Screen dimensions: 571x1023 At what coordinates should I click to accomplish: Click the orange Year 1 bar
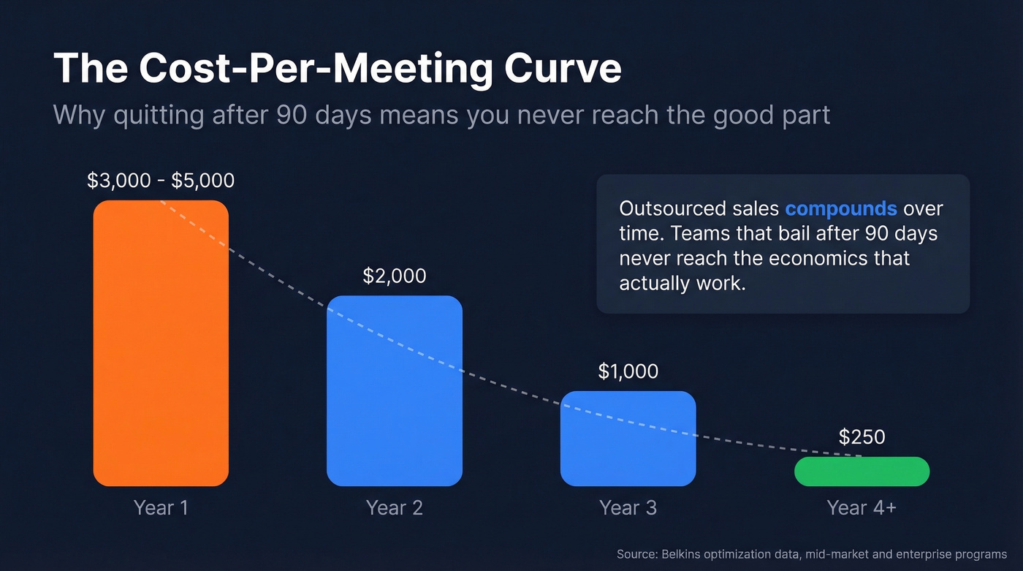[x=161, y=344]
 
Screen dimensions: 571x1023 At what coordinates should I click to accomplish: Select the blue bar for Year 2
[x=395, y=391]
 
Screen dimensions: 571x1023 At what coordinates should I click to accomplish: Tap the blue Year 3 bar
[x=628, y=439]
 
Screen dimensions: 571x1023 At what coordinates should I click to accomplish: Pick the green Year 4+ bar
[x=862, y=472]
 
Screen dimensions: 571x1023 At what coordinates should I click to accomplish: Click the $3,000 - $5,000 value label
[x=161, y=181]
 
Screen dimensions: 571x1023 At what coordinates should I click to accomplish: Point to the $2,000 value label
[x=395, y=276]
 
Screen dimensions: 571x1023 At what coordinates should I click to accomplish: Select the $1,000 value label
[x=628, y=371]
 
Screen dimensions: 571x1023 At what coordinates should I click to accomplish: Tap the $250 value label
[x=862, y=437]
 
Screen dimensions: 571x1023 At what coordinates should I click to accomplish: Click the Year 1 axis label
[x=161, y=507]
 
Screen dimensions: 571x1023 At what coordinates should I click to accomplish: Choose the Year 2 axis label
[x=395, y=507]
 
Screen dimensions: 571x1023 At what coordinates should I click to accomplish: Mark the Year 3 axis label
[x=628, y=507]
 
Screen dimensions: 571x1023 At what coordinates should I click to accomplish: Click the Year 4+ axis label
[x=862, y=507]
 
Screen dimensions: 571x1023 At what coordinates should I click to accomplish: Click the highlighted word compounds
[x=840, y=209]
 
